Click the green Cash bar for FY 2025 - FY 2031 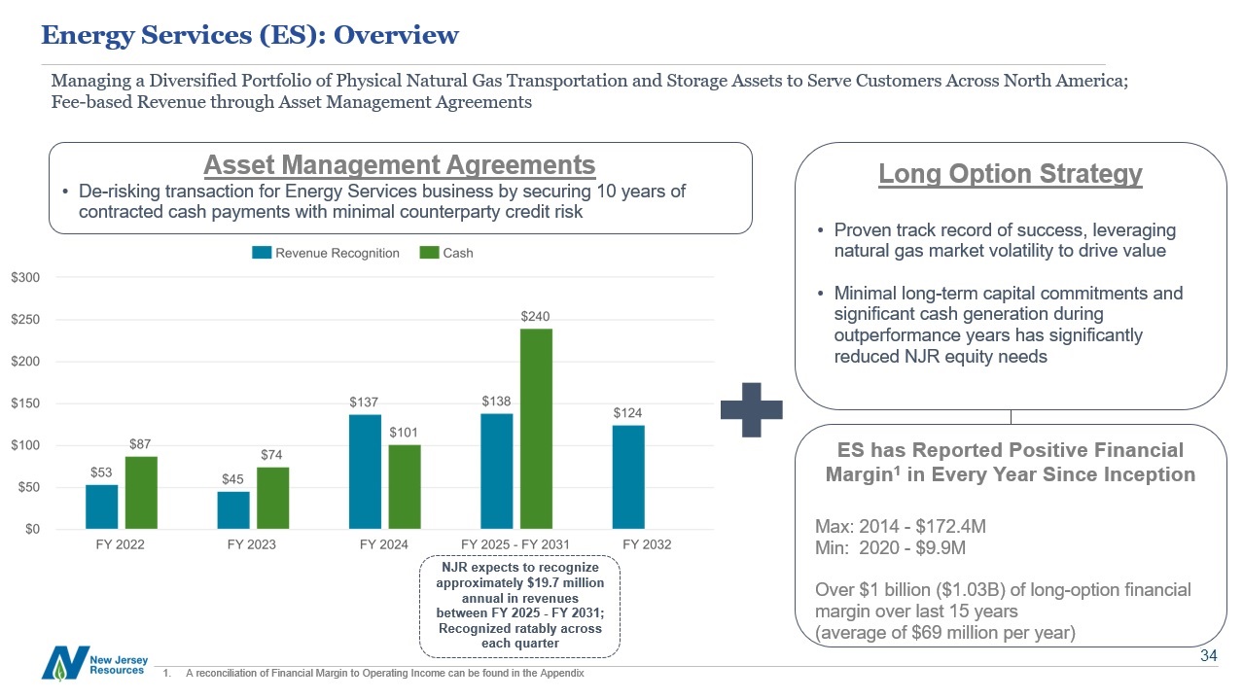tap(536, 429)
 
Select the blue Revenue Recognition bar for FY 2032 tap(628, 477)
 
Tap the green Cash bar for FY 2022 tap(141, 493)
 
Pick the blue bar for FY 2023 tap(233, 510)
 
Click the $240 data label tap(536, 317)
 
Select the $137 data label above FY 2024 tap(365, 402)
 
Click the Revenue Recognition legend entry tap(325, 253)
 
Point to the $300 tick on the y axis tap(25, 278)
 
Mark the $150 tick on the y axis tap(25, 403)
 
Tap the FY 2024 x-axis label tap(383, 544)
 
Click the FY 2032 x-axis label tap(647, 544)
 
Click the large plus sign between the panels tap(751, 409)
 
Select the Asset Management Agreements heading tap(399, 164)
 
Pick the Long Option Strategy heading tap(1010, 175)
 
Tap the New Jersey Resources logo tap(93, 663)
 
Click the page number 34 tap(1208, 656)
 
